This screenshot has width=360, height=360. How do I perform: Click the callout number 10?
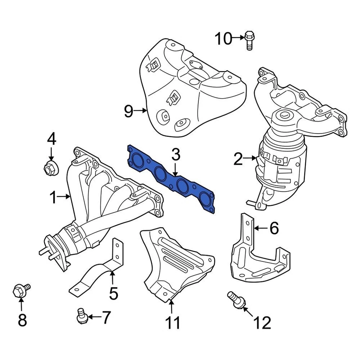tap(223, 38)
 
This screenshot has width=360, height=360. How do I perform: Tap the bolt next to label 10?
tap(249, 40)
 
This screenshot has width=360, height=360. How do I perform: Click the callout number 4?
tap(51, 139)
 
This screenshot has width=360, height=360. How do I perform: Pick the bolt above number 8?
tap(21, 290)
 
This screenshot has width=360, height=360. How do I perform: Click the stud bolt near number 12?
tap(235, 300)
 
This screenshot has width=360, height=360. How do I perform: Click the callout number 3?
tap(176, 155)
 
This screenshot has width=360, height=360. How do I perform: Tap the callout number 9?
tap(129, 111)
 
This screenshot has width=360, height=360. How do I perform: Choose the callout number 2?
tap(238, 159)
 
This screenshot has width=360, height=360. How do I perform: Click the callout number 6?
tap(274, 228)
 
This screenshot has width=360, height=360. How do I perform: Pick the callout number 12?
tap(262, 322)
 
